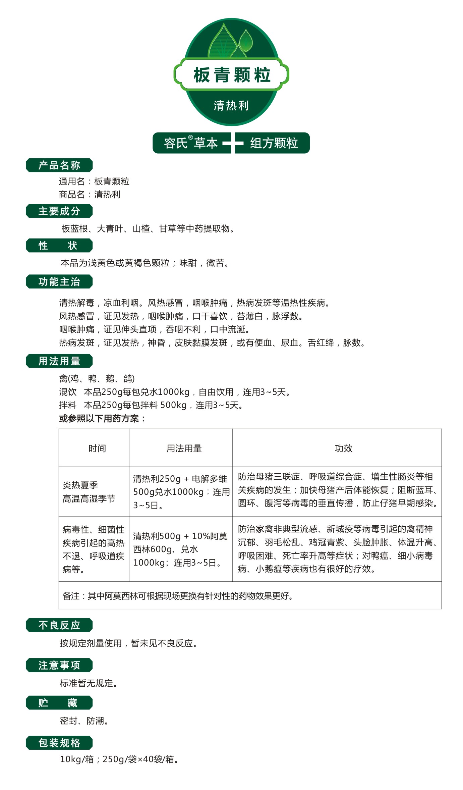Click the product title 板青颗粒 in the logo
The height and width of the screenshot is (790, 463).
(232, 74)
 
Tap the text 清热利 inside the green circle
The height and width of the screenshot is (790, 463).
(231, 106)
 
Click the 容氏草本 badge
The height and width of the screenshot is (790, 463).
(191, 143)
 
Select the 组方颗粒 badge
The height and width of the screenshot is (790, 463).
(274, 143)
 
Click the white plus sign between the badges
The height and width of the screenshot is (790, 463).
(233, 143)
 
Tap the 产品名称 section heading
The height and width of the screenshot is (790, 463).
(59, 165)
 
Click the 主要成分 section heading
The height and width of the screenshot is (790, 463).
(59, 211)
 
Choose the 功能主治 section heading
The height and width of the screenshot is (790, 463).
(59, 282)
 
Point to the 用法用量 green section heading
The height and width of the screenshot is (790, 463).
(59, 361)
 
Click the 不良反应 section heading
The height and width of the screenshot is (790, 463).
(59, 625)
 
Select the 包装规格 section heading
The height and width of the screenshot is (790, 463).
(59, 743)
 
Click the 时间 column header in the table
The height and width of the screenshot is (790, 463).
(97, 448)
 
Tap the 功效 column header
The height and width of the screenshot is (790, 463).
(344, 448)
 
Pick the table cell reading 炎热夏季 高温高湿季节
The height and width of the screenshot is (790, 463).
(89, 492)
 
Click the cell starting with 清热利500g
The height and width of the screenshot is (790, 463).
(180, 549)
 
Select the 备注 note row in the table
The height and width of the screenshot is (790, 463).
(178, 596)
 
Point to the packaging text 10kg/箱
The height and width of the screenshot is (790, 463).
(77, 759)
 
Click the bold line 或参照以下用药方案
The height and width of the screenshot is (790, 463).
(102, 418)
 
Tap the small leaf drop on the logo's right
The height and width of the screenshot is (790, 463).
(246, 40)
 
